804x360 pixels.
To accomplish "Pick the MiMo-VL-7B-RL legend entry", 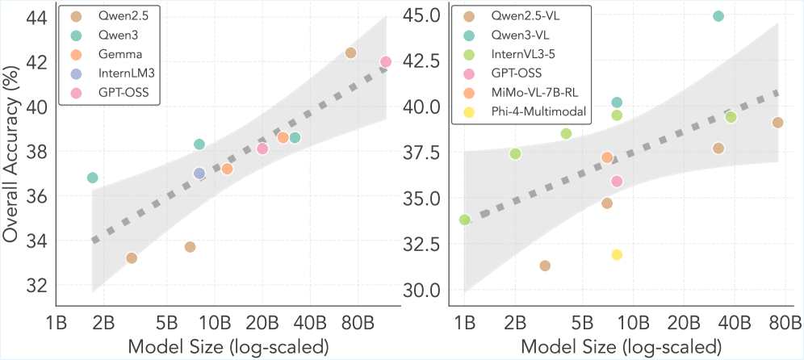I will point(526,93).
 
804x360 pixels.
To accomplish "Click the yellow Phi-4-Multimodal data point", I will point(617,255).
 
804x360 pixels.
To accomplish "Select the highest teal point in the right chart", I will point(718,16).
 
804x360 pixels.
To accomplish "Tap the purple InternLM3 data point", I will point(199,174).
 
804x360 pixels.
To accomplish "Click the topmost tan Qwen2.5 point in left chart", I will point(350,53).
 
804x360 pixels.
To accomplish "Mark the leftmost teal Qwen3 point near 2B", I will point(92,178).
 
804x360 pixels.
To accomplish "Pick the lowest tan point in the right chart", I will point(545,266).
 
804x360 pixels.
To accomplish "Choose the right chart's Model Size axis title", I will point(621,347).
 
